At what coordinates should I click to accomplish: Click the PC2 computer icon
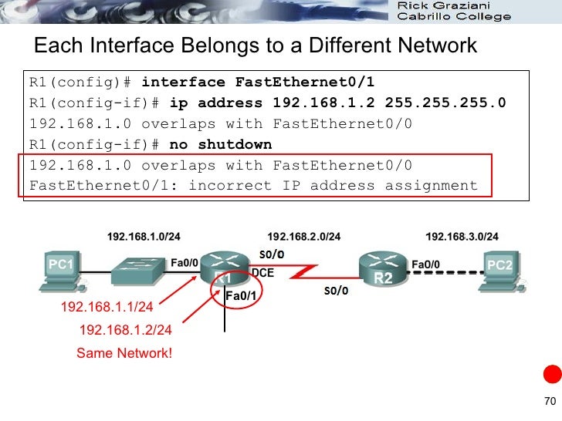[x=500, y=272]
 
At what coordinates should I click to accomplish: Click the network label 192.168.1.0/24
[x=144, y=236]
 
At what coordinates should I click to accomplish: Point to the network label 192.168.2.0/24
[x=303, y=236]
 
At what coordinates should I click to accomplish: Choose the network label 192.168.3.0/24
[x=462, y=236]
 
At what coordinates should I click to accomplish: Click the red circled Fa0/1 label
[x=240, y=294]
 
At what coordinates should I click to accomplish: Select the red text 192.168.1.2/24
[x=126, y=330]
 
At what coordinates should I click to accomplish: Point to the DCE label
[x=262, y=272]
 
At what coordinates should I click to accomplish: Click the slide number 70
[x=550, y=400]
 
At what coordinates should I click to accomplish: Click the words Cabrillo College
[x=453, y=16]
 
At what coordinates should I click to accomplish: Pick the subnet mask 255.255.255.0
[x=445, y=103]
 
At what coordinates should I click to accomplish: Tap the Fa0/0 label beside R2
[x=426, y=264]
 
